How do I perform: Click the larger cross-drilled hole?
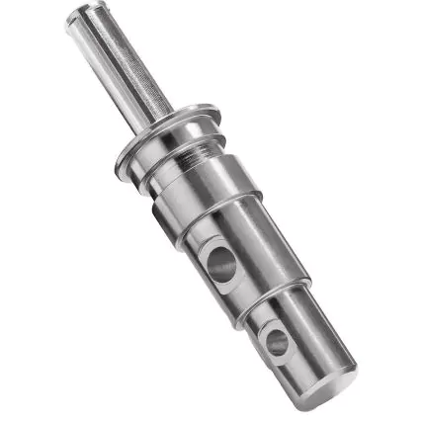(221, 264)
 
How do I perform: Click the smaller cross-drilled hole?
(277, 342)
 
